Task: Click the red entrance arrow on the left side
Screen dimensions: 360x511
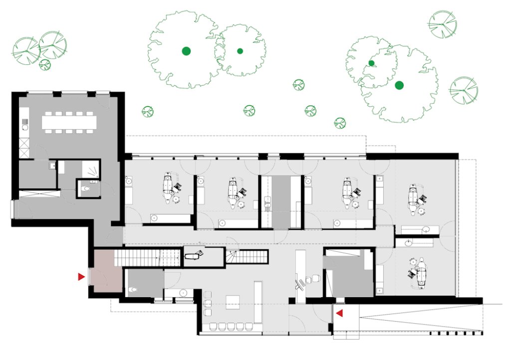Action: (x=81, y=276)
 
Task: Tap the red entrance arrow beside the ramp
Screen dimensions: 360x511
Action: (x=339, y=313)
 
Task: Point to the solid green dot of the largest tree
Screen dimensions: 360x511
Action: (x=186, y=50)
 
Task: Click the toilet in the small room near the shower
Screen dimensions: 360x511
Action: (x=86, y=189)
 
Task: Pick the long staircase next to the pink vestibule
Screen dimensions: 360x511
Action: (x=147, y=258)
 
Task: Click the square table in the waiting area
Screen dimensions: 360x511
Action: (x=233, y=302)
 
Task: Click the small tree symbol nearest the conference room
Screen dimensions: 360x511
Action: (x=147, y=111)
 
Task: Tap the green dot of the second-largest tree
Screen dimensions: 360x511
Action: (x=399, y=85)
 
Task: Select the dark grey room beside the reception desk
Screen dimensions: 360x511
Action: (x=348, y=278)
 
